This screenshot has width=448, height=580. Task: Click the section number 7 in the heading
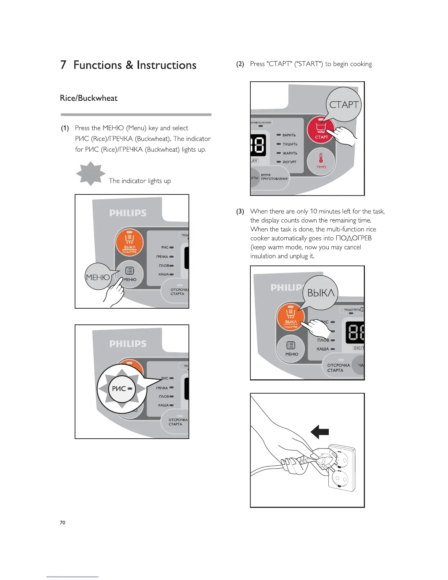pyautogui.click(x=64, y=65)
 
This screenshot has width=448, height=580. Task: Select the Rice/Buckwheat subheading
pyautogui.click(x=89, y=98)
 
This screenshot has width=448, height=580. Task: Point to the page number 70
pyautogui.click(x=63, y=523)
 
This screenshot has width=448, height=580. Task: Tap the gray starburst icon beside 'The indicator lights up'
pyautogui.click(x=90, y=174)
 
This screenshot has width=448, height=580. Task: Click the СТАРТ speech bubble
pyautogui.click(x=343, y=104)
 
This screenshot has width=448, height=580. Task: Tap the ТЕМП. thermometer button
pyautogui.click(x=321, y=161)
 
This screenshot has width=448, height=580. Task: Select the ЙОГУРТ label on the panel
pyautogui.click(x=289, y=162)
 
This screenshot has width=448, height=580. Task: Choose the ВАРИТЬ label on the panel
pyautogui.click(x=289, y=135)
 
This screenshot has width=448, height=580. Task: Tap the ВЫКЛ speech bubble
pyautogui.click(x=321, y=293)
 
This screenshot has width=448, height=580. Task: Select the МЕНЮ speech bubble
pyautogui.click(x=98, y=277)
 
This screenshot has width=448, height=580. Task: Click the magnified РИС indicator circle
pyautogui.click(x=122, y=389)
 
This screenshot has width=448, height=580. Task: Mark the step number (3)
pyautogui.click(x=240, y=211)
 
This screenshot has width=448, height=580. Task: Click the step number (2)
pyautogui.click(x=240, y=64)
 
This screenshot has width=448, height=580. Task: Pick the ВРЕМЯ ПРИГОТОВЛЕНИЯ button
pyautogui.click(x=274, y=177)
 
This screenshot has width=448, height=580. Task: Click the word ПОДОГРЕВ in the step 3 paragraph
pyautogui.click(x=353, y=238)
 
